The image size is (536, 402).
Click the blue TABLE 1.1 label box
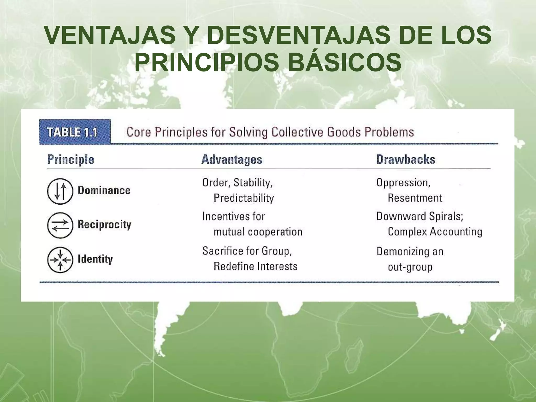point(75,132)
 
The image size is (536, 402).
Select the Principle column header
point(71,159)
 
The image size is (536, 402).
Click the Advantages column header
point(232,159)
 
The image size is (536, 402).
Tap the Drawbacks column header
point(406,159)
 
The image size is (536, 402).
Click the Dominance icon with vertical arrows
point(60,191)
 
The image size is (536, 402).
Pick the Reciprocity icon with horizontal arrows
point(60,225)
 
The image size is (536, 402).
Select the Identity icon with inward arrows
point(60,260)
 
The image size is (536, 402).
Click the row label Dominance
point(104,190)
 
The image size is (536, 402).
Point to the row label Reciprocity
point(104,225)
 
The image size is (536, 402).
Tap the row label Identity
point(95,259)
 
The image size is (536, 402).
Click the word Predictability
point(244,198)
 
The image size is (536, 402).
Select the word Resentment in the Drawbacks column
point(415,198)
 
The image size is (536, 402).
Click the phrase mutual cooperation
point(258,232)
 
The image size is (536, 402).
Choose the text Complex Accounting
point(435,232)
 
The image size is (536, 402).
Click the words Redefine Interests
point(255,266)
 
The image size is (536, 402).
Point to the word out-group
point(410,267)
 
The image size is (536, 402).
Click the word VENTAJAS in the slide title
point(110,35)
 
